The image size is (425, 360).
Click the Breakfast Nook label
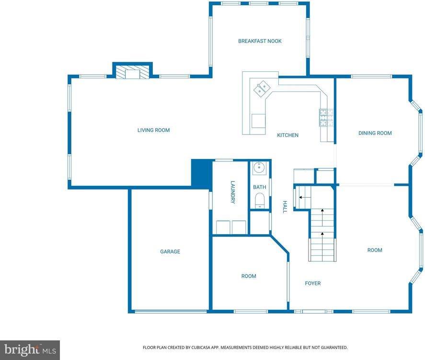[x=260, y=41]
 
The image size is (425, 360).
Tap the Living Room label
[x=153, y=130]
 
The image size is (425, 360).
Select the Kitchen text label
[x=287, y=135]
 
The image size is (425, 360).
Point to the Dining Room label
[x=375, y=133]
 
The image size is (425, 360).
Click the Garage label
[x=170, y=251]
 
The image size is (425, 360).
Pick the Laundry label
[x=233, y=192]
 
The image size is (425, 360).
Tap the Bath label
[x=259, y=187]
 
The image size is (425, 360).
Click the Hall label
[x=284, y=206]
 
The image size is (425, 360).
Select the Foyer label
[x=313, y=283]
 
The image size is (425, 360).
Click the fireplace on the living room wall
[x=132, y=73]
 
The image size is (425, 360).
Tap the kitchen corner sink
[x=262, y=88]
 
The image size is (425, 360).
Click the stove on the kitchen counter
[x=326, y=117]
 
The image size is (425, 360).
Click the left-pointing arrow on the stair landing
[x=301, y=197]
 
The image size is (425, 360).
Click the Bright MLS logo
[x=30, y=350]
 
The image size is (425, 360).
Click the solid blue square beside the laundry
[x=201, y=173]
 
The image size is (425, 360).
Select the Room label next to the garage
[x=248, y=276]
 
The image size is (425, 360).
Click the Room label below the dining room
[x=375, y=250]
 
